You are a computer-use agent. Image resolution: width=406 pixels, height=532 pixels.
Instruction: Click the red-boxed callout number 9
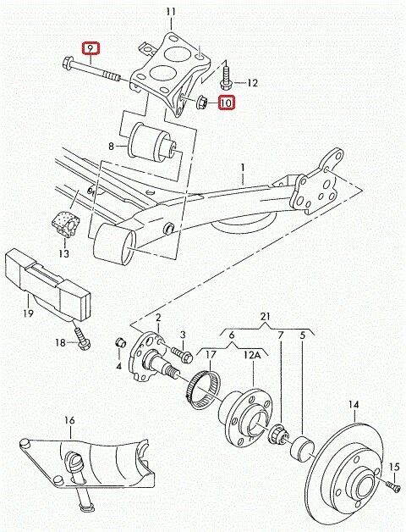point(91,48)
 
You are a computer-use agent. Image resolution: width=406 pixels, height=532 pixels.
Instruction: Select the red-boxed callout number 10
point(227,103)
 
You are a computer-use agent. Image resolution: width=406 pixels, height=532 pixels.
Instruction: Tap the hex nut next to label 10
point(203,102)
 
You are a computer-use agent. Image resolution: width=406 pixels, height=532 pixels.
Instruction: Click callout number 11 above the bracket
point(172,12)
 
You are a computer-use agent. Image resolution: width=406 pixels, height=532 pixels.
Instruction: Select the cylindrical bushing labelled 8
point(152,142)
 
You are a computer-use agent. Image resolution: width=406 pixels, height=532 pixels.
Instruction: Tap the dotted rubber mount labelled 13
point(66,224)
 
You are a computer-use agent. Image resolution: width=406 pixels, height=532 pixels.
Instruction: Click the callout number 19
point(28,313)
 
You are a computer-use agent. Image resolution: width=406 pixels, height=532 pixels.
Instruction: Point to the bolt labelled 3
point(183,353)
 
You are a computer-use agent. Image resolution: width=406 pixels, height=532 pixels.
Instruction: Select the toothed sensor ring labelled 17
point(203,390)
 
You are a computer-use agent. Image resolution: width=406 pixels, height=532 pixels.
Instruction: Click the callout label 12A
point(252,355)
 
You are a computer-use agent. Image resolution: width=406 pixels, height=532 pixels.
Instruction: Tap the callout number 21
point(266,317)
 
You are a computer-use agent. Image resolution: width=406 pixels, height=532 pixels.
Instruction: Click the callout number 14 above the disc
point(354,404)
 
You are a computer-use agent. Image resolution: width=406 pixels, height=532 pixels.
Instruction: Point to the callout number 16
point(69,420)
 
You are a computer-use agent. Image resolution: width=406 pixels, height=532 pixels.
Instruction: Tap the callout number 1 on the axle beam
point(243,167)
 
